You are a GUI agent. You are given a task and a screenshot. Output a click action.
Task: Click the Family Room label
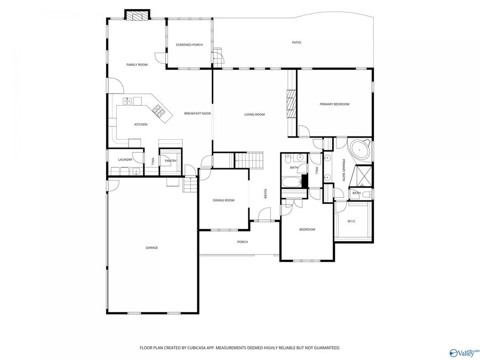point(137,65)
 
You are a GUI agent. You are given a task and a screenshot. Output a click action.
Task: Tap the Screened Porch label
point(189,44)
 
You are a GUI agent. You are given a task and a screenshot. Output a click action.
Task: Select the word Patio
point(296,42)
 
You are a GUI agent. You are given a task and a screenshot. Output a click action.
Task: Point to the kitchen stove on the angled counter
point(158,110)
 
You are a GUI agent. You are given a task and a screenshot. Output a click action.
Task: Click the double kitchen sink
point(128,100)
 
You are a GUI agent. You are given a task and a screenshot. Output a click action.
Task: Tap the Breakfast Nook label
point(198,114)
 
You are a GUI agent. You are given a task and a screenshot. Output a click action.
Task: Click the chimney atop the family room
point(138,15)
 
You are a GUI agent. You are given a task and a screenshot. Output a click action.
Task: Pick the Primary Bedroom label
point(334,104)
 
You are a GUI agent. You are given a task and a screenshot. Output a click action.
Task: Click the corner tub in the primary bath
point(361,149)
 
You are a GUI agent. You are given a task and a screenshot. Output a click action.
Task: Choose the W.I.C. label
point(352,221)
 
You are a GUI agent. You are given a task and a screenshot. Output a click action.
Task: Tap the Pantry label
point(171,161)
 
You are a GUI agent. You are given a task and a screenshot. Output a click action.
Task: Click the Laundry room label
point(125,159)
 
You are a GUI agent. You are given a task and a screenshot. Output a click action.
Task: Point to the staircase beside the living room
point(249,159)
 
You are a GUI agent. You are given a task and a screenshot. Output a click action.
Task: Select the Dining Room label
point(223,200)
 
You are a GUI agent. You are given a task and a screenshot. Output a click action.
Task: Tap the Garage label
point(152,247)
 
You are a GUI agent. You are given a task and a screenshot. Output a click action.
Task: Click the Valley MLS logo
point(464,352)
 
